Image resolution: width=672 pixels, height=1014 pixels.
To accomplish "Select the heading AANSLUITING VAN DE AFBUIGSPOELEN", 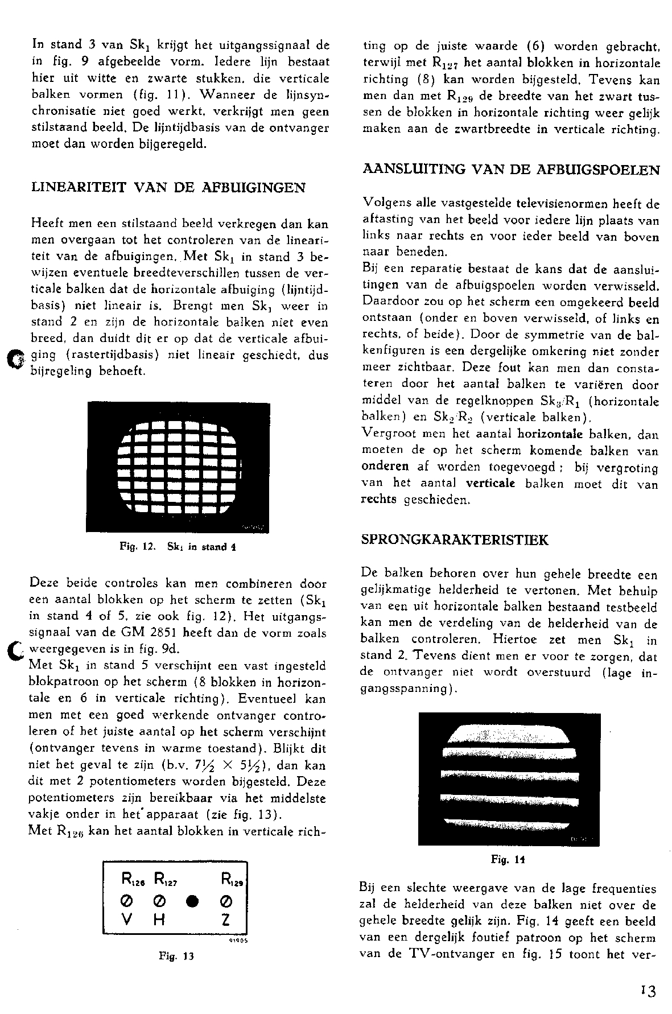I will (x=510, y=170).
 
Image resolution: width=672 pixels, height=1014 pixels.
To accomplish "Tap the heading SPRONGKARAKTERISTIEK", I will (x=455, y=539).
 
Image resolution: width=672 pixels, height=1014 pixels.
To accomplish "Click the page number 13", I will (x=646, y=992).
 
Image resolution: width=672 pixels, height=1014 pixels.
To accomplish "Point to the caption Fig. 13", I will (x=176, y=956).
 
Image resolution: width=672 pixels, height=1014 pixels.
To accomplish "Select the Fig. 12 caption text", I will (x=178, y=547).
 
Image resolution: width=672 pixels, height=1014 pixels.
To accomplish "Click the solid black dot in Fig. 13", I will (x=193, y=902).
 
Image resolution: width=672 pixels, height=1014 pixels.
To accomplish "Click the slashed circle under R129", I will (x=226, y=902).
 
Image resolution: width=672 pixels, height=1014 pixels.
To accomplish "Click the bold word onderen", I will (x=385, y=467).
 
